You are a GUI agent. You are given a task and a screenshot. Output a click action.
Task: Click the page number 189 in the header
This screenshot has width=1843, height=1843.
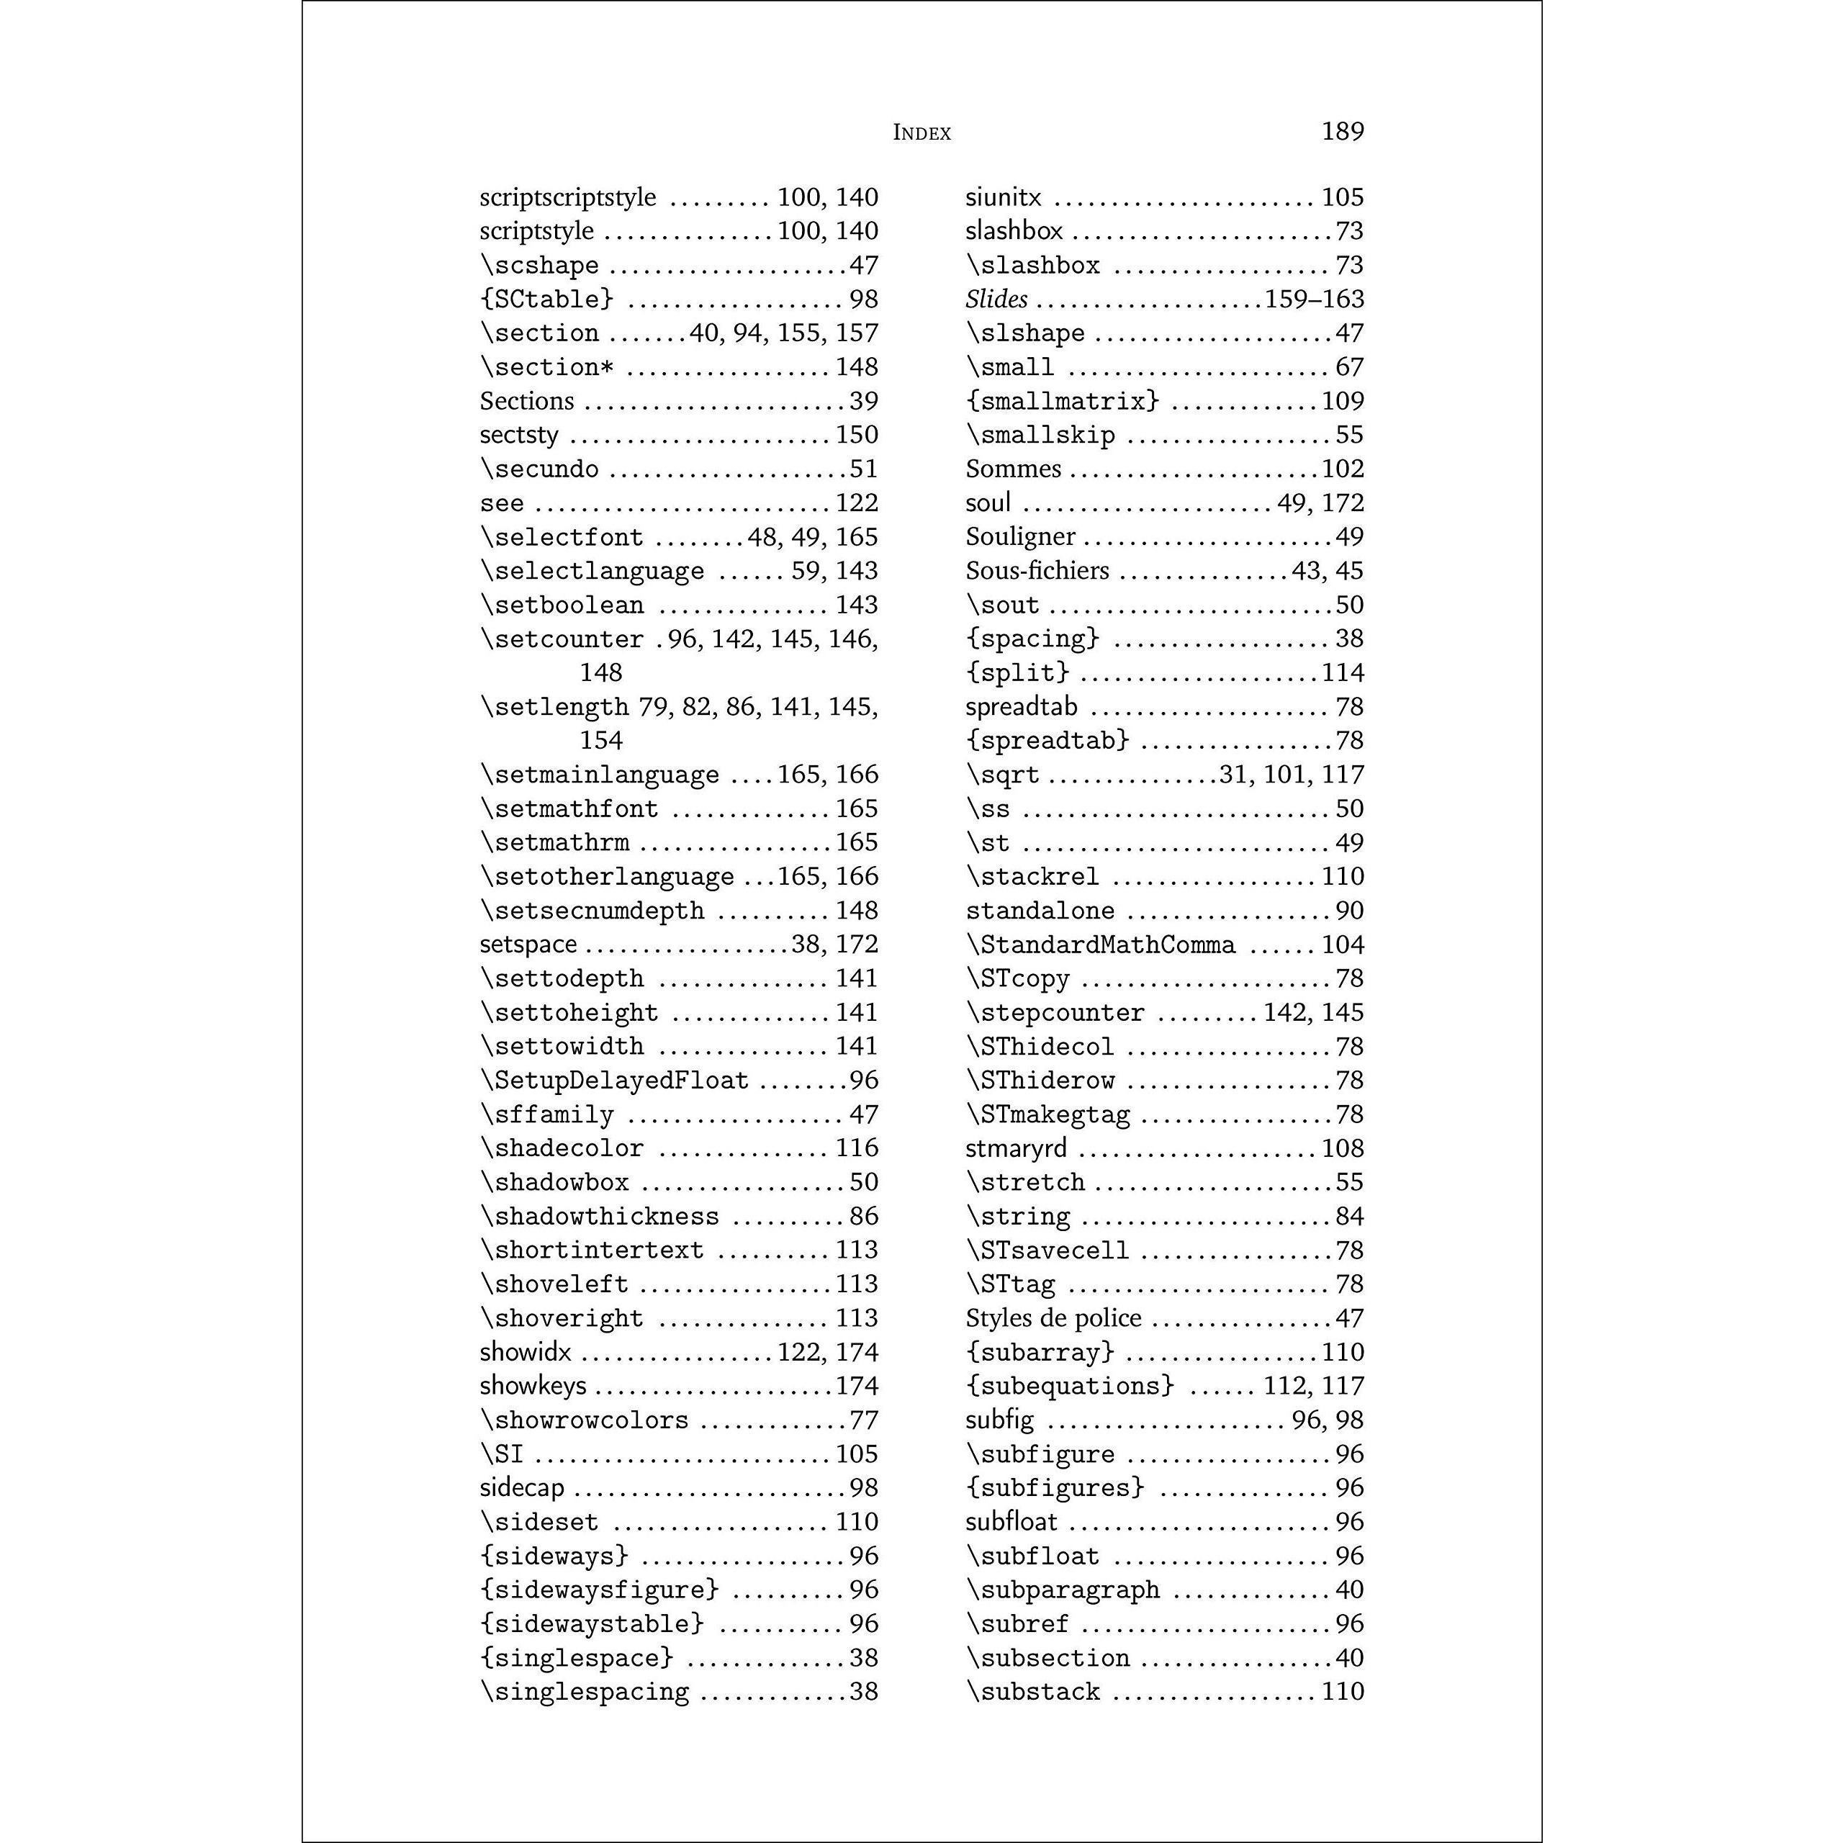coord(1342,131)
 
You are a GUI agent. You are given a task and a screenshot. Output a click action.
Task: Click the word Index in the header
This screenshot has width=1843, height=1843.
coord(921,132)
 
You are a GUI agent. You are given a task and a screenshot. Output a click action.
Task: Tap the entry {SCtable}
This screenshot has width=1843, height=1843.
coord(546,299)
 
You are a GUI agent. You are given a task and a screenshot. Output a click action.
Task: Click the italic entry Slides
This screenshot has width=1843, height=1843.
coord(996,299)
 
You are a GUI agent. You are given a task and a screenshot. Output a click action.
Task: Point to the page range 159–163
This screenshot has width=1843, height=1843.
coord(1314,299)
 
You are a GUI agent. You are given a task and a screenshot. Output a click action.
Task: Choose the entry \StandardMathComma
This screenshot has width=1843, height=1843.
coord(1100,945)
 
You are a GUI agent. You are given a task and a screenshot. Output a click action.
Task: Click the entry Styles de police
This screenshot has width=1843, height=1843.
coord(1053,1318)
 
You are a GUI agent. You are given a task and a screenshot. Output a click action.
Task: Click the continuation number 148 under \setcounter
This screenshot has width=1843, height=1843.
coord(601,672)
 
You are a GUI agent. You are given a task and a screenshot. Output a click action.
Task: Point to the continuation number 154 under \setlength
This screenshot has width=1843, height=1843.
coord(601,740)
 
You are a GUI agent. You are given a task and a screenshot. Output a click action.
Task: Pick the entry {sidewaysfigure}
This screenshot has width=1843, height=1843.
coord(599,1590)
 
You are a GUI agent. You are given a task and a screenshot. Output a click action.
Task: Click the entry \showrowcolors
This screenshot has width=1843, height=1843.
coord(585,1420)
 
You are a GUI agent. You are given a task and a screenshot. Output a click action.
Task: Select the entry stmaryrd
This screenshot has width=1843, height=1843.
coord(1016,1148)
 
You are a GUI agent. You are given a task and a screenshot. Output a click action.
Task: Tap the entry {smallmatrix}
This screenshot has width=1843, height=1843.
coord(1062,402)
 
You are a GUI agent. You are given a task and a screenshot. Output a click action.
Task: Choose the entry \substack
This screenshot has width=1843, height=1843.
coord(1033,1693)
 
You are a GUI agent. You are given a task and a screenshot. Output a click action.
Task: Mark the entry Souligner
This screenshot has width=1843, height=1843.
coord(1019,537)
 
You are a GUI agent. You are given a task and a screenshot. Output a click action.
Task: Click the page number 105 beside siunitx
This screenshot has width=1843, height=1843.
coord(1342,197)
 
